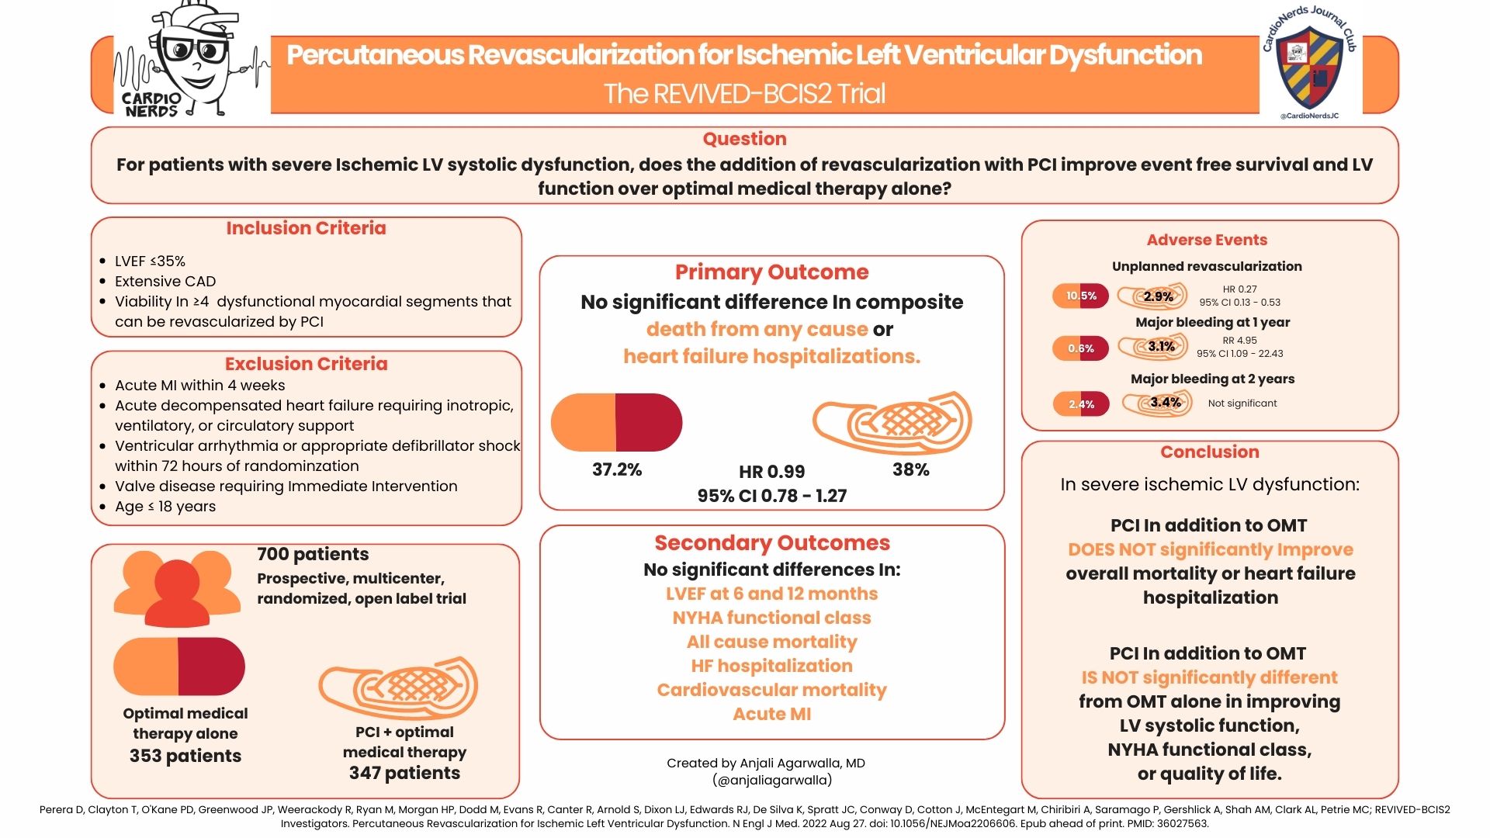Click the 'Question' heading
[x=744, y=139]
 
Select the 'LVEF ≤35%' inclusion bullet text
[x=150, y=261]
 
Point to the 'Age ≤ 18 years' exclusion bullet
[x=165, y=506]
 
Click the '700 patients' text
[x=313, y=554]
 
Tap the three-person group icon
[x=177, y=588]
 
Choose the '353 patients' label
[x=185, y=756]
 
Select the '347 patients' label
[x=404, y=773]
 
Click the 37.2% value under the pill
[x=617, y=469]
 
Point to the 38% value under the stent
[x=911, y=469]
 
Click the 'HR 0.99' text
[x=771, y=472]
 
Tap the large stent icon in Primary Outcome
[x=892, y=423]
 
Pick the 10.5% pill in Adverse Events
[x=1080, y=296]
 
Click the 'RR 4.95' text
[x=1239, y=340]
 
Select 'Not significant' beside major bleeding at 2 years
[x=1242, y=403]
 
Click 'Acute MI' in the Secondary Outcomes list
[x=771, y=714]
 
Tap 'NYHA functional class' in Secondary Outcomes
[x=771, y=618]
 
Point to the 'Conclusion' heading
[x=1210, y=452]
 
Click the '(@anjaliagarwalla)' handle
[x=771, y=780]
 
